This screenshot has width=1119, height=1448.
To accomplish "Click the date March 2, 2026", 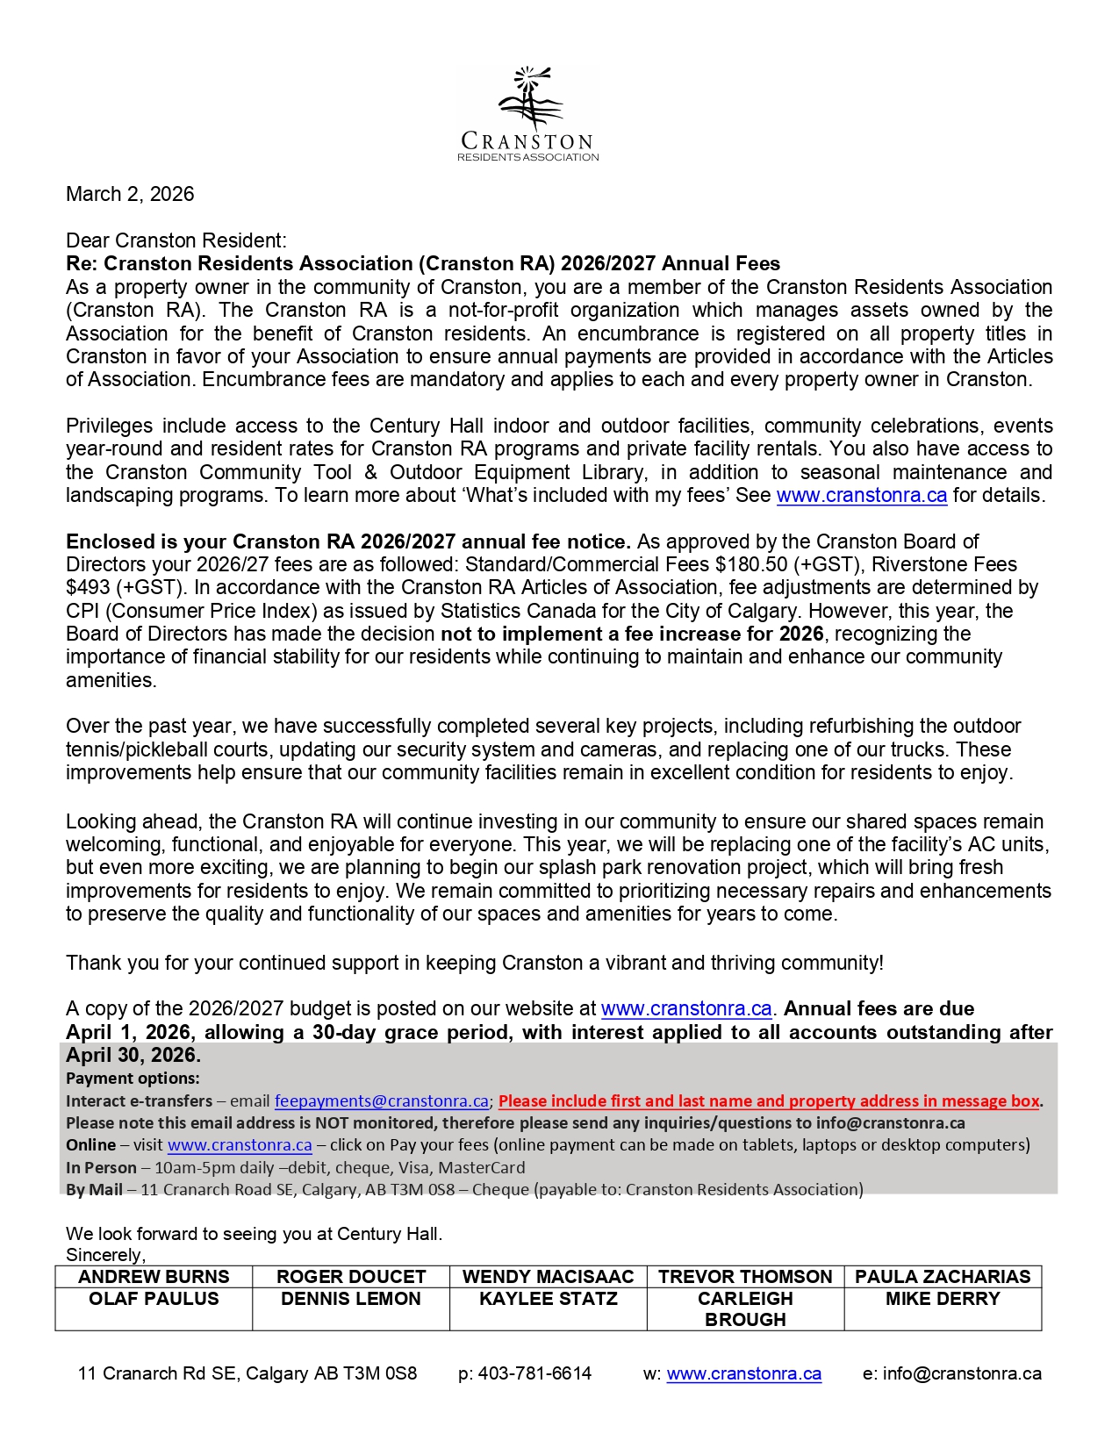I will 130,194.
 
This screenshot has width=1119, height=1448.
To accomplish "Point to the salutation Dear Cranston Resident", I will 176,240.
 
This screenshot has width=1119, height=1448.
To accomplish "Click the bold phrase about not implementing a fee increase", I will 632,634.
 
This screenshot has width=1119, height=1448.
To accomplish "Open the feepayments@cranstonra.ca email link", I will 381,1101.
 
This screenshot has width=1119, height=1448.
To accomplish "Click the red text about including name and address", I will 769,1101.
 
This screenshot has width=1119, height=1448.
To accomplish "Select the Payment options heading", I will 133,1079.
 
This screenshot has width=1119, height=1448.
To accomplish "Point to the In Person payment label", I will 101,1168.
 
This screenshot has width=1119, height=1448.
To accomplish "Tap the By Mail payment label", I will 94,1190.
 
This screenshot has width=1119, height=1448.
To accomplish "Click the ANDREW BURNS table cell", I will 154,1277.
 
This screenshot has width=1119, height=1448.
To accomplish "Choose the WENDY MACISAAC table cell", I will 548,1277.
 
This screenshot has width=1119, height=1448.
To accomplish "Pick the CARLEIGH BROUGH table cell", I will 745,1308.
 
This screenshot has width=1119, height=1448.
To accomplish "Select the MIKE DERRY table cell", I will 943,1299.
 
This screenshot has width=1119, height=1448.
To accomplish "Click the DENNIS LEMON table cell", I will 351,1299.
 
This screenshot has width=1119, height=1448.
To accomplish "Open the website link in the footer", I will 744,1373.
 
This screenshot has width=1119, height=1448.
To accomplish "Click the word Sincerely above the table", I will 105,1255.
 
